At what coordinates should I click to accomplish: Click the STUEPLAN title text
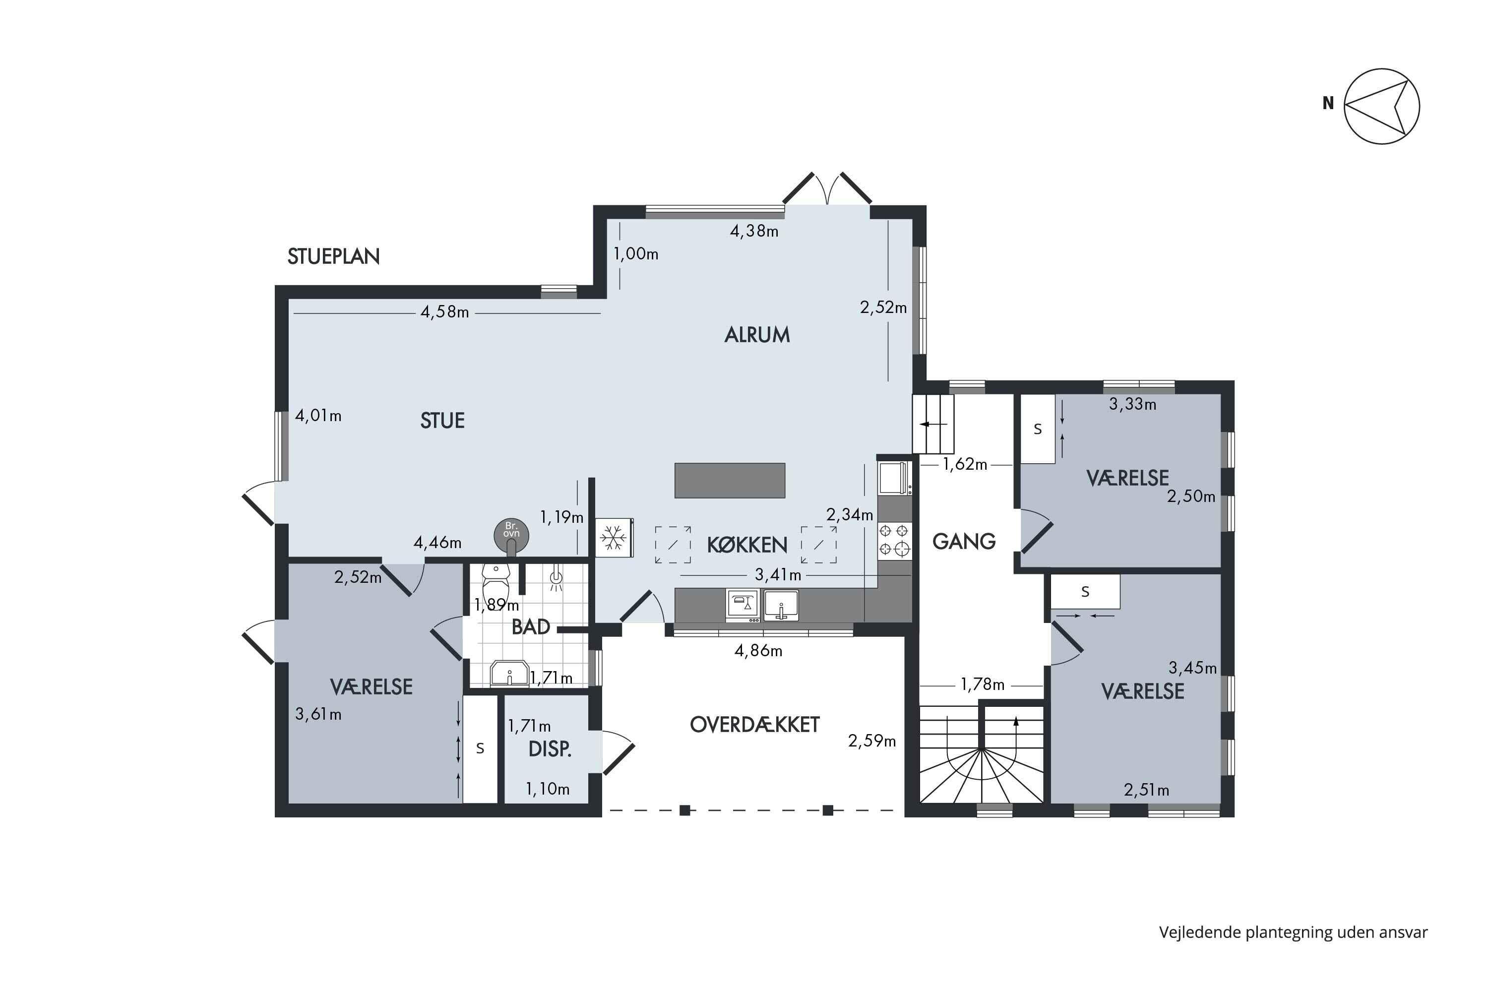pyautogui.click(x=333, y=256)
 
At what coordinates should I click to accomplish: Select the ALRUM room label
pyautogui.click(x=757, y=335)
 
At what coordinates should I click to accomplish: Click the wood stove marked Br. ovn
pyautogui.click(x=511, y=535)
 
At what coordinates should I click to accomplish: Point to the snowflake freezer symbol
pyautogui.click(x=613, y=538)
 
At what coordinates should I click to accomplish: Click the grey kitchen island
pyautogui.click(x=730, y=481)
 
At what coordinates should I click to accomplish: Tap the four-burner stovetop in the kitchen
pyautogui.click(x=894, y=540)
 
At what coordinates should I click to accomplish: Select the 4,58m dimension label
pyautogui.click(x=445, y=312)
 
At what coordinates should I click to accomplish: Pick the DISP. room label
pyautogui.click(x=550, y=749)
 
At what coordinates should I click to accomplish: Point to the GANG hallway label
pyautogui.click(x=964, y=542)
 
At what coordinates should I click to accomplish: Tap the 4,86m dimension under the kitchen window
pyautogui.click(x=758, y=650)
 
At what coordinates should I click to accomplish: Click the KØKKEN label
pyautogui.click(x=747, y=545)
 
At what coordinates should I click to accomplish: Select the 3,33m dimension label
pyautogui.click(x=1132, y=404)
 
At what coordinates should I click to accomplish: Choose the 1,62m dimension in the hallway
pyautogui.click(x=965, y=464)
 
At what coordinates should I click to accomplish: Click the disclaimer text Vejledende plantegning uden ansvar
pyautogui.click(x=1293, y=932)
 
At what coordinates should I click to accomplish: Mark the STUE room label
pyautogui.click(x=442, y=421)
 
